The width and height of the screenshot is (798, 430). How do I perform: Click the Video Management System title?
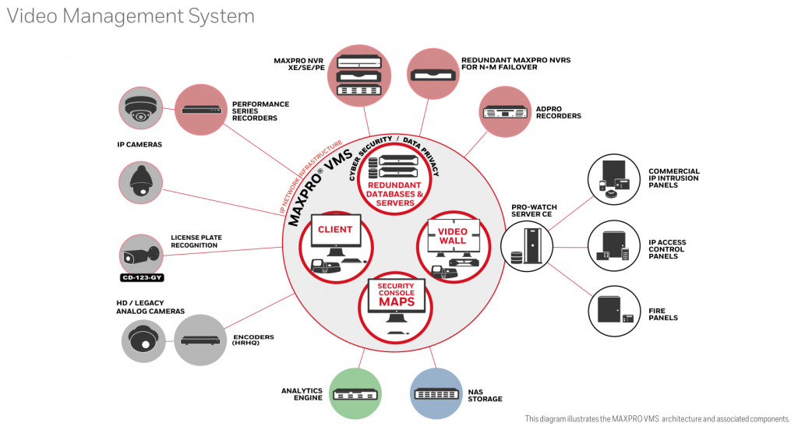pos(130,16)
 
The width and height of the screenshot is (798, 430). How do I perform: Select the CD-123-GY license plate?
pos(141,277)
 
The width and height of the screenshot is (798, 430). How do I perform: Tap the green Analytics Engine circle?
pos(355,393)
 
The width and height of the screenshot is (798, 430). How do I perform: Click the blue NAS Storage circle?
pos(436,393)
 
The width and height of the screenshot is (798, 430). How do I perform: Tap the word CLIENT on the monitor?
pos(334,230)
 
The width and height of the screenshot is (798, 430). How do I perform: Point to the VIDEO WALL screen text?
pos(452,236)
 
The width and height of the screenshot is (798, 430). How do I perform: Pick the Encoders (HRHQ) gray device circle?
pos(200,340)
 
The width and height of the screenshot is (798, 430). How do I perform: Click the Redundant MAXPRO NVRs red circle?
pos(433,75)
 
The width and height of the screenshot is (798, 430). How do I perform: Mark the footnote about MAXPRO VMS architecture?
pos(657,419)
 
